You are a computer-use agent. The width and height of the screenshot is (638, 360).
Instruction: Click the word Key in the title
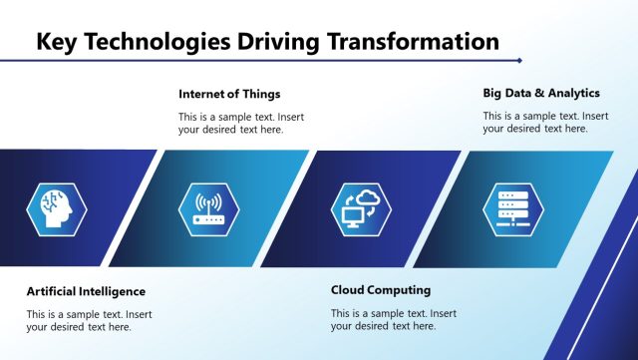pos(58,41)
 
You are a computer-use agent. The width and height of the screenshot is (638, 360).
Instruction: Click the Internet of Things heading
pos(229,94)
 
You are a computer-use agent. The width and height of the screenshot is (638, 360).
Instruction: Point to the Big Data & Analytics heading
pos(541,93)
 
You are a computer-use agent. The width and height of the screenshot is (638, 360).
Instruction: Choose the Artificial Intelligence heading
pos(86,291)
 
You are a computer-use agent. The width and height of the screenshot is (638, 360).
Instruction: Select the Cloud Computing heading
pos(381,290)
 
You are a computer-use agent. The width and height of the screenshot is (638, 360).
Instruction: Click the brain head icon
pos(57,208)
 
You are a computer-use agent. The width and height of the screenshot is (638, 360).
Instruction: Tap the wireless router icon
pos(208,208)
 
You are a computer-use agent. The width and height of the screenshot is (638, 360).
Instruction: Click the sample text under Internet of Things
pos(241,123)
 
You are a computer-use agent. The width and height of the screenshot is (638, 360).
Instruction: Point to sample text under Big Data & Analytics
pos(545,122)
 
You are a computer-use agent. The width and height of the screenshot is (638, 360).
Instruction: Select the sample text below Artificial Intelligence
pos(89,320)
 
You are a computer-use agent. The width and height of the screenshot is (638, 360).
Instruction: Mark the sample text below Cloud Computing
pos(393,319)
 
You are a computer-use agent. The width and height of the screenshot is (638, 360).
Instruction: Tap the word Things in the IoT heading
pos(260,94)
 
